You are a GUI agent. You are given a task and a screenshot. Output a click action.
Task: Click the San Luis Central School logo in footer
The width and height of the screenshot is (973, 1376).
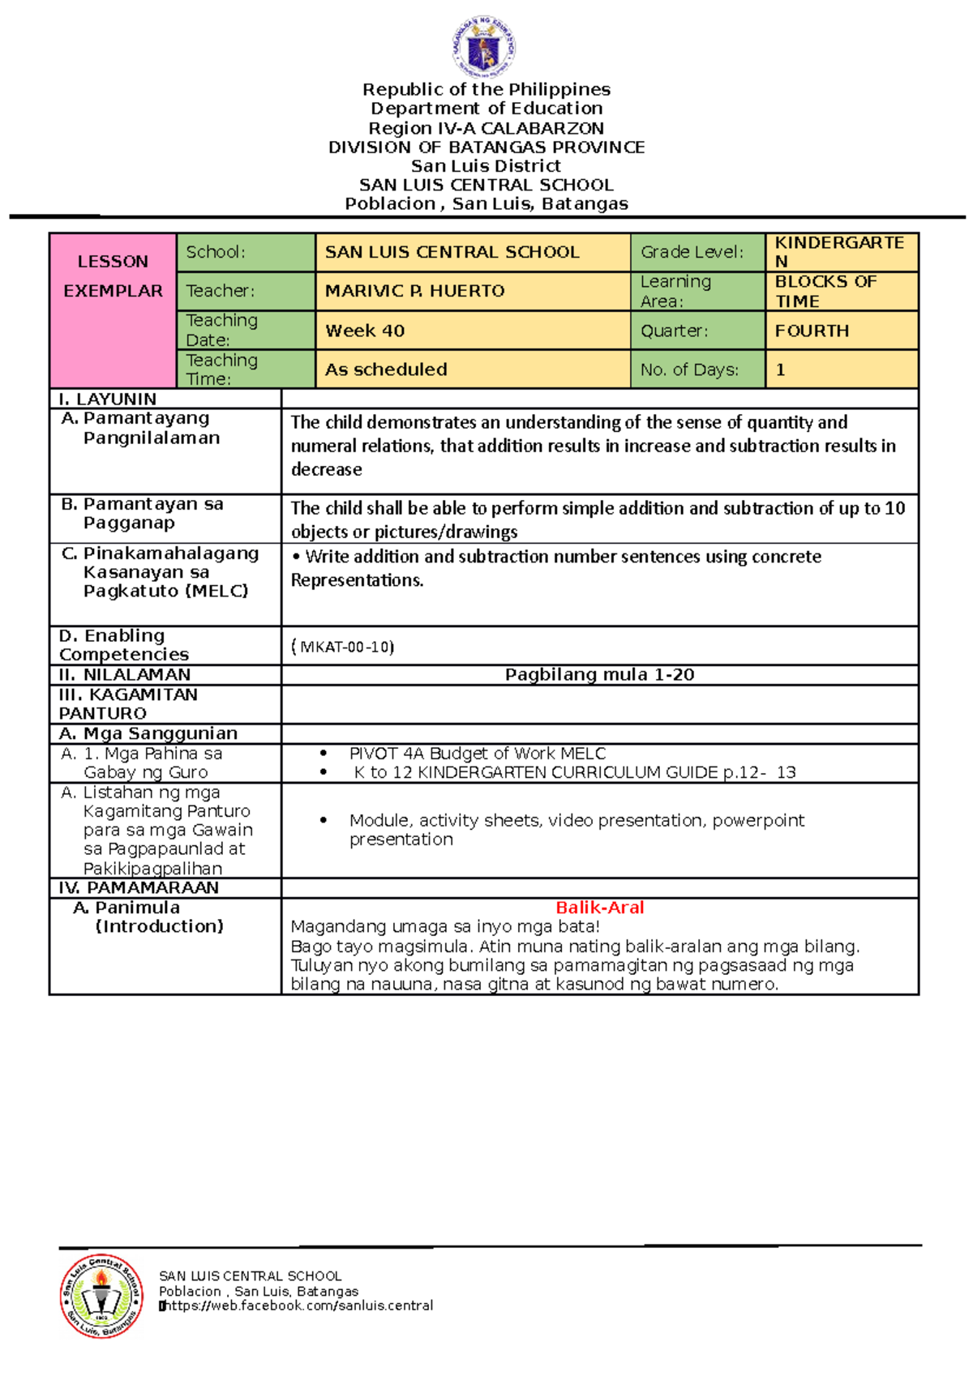101,1295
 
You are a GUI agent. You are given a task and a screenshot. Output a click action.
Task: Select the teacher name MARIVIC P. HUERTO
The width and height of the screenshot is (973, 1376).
414,291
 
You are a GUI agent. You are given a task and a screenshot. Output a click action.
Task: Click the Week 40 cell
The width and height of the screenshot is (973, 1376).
365,331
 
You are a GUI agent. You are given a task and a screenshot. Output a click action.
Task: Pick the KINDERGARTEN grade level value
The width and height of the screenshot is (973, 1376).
839,251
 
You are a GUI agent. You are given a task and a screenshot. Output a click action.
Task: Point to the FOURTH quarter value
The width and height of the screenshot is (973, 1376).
812,331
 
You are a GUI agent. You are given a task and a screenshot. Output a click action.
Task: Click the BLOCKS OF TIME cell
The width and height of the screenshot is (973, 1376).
825,291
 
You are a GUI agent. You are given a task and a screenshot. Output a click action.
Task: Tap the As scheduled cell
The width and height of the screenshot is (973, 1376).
386,370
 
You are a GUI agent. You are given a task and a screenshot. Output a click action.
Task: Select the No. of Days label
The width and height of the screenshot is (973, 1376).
689,370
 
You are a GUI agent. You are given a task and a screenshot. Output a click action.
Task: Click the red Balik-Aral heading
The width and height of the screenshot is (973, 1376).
599,908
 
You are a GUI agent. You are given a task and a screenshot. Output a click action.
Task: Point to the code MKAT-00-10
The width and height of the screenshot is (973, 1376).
343,647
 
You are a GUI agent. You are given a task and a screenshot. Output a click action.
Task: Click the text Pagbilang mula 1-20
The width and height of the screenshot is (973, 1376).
599,674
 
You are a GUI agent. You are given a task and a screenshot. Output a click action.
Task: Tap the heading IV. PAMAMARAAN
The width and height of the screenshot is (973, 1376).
139,887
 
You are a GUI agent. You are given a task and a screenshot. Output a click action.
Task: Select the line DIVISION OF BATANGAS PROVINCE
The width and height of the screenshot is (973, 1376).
486,147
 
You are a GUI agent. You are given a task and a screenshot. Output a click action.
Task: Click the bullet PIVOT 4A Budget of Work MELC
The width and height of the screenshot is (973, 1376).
477,753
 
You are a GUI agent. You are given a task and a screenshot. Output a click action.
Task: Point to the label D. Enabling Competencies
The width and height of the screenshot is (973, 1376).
123,645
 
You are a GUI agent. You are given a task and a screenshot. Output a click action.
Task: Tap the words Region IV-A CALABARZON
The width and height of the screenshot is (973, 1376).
486,128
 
